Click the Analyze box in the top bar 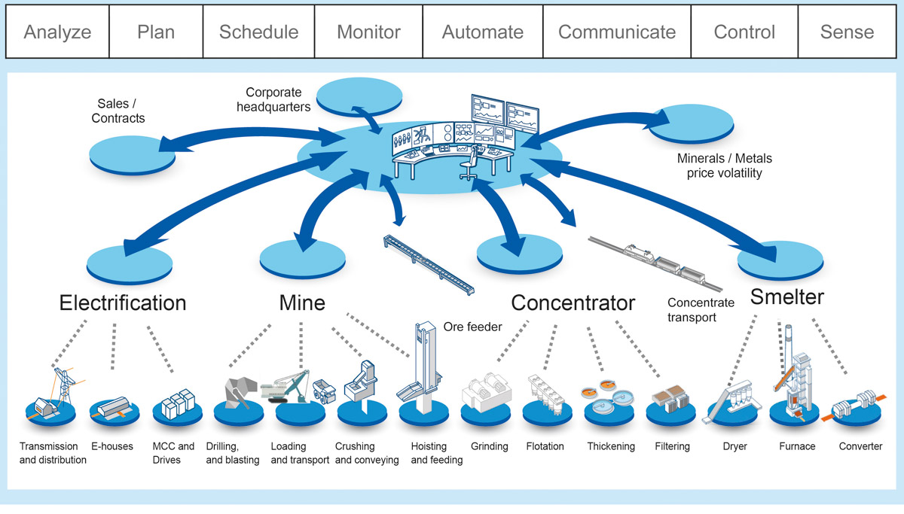point(57,32)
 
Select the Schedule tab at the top point(258,32)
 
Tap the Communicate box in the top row point(617,32)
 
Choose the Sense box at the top point(847,32)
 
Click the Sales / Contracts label point(118,111)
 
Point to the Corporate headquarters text point(273,100)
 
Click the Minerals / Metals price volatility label point(724,166)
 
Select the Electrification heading point(123,303)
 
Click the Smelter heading point(786,297)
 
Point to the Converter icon point(860,406)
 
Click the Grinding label point(489,446)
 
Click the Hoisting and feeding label point(435,453)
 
